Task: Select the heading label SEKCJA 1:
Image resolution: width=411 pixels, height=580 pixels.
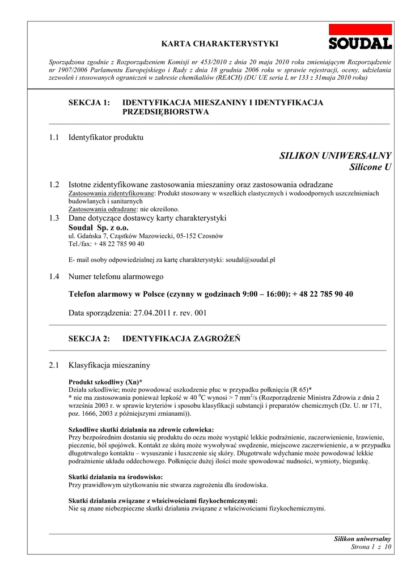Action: coord(88,103)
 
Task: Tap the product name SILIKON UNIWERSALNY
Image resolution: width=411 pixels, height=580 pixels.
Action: coord(335,156)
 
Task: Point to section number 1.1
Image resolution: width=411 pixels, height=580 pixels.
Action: coord(54,137)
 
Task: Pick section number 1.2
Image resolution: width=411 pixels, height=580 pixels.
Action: coord(54,185)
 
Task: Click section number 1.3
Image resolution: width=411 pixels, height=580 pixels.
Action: coord(54,217)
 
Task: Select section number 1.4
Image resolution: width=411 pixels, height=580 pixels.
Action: coord(54,276)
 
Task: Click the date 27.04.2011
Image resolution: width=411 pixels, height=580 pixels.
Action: coord(152,312)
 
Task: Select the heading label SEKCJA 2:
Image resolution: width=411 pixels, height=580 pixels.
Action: coord(88,339)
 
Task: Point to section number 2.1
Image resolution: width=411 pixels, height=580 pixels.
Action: coord(54,365)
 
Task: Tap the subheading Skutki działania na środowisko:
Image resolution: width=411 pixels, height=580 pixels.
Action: coord(116,477)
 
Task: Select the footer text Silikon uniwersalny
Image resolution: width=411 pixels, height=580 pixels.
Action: coord(362,539)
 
